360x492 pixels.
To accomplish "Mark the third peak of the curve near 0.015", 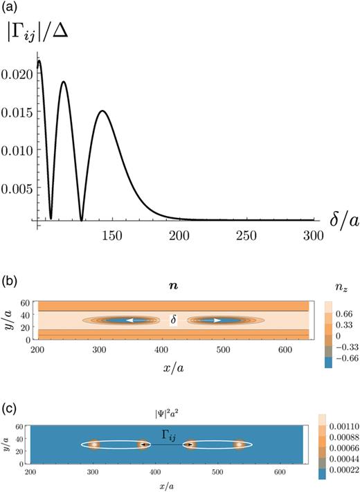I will click(102, 111).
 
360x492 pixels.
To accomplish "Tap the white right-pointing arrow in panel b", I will click(337, 320).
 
